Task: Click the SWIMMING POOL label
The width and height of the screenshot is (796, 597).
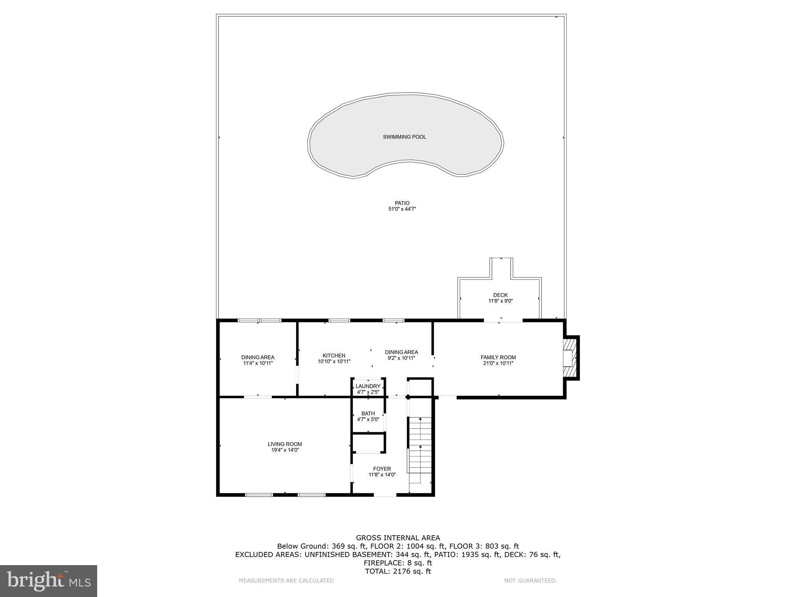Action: (404, 137)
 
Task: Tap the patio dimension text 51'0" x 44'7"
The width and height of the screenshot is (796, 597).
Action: (402, 209)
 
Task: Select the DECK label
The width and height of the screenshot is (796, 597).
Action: (500, 295)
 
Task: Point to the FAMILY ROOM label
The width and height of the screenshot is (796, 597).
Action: (498, 357)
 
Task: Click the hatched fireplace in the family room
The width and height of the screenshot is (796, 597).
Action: (570, 358)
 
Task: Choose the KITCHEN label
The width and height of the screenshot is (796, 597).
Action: (333, 355)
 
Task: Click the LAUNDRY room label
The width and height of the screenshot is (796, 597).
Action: (368, 386)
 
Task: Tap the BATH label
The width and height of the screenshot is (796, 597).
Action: (368, 413)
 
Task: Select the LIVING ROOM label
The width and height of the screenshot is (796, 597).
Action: (285, 444)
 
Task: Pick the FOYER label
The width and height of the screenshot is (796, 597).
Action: (382, 469)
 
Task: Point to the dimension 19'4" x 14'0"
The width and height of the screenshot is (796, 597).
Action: (285, 450)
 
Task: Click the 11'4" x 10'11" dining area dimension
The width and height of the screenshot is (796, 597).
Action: (258, 363)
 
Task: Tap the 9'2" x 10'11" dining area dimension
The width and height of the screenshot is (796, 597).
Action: (401, 358)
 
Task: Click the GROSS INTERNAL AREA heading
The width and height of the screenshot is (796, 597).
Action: (398, 538)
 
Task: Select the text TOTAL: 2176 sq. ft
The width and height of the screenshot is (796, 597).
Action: (398, 571)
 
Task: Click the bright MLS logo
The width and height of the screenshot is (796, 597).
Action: (49, 581)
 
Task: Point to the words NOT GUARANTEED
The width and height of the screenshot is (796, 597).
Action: (530, 581)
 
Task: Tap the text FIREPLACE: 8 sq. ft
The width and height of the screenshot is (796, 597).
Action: (398, 563)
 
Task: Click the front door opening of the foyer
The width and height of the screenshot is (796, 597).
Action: (385, 495)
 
